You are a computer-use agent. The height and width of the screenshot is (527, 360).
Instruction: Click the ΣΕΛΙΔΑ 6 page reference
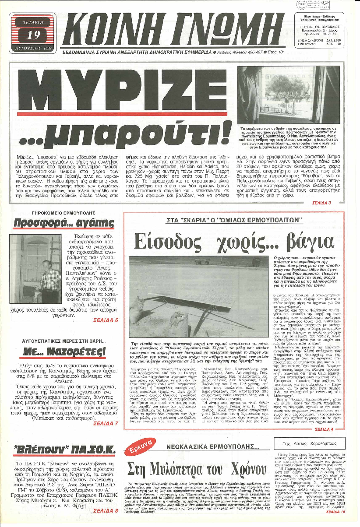[106, 320]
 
